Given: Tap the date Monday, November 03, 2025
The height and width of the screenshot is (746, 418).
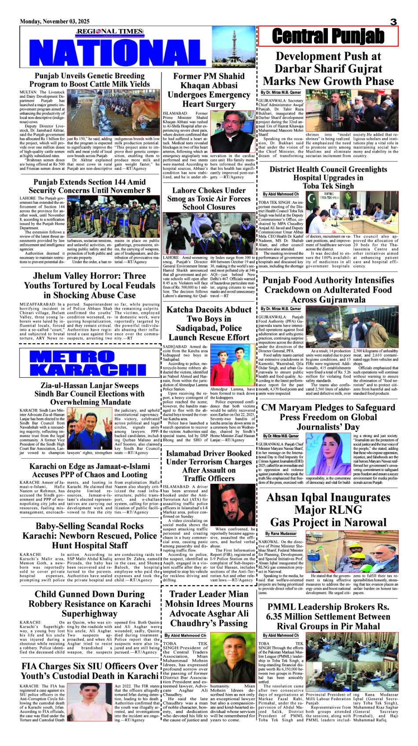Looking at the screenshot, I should point(55,22).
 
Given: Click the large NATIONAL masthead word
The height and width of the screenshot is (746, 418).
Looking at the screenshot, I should point(119,51).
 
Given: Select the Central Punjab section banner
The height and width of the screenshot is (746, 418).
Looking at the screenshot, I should point(328,36).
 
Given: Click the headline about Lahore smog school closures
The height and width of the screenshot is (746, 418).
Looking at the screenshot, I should point(209,198).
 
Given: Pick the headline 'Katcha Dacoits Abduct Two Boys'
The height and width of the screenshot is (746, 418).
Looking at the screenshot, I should point(209,323).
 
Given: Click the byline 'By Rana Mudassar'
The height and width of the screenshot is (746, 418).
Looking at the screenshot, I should point(281,533).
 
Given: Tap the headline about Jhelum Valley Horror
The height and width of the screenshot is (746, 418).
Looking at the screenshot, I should point(89,285).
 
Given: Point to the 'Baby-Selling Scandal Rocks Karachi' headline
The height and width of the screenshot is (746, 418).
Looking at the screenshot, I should point(89,536).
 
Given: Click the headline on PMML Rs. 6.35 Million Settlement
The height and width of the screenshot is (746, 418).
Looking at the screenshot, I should point(328,616).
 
